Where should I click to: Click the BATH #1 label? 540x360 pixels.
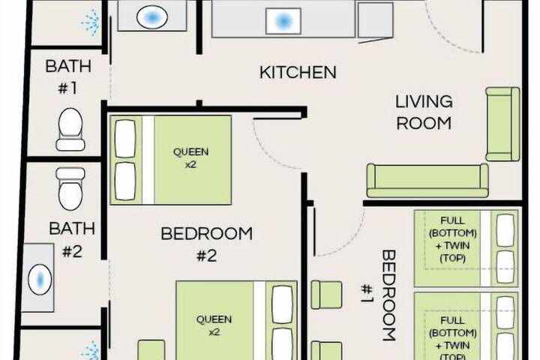pyautogui.click(x=68, y=76)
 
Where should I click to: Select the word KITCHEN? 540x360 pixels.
pyautogui.click(x=297, y=73)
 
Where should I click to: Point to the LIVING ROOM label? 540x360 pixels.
pyautogui.click(x=424, y=112)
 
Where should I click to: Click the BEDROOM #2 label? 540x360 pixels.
pyautogui.click(x=206, y=244)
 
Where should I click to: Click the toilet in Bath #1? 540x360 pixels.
pyautogui.click(x=70, y=128)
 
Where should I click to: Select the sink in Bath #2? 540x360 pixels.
pyautogui.click(x=38, y=279)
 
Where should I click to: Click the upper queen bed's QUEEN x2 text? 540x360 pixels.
pyautogui.click(x=190, y=157)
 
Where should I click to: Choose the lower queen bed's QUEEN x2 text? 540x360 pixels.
pyautogui.click(x=214, y=325)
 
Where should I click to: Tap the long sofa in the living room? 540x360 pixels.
pyautogui.click(x=427, y=180)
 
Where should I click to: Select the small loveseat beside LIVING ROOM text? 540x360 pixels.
pyautogui.click(x=502, y=124)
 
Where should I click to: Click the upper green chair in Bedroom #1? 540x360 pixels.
pyautogui.click(x=326, y=294)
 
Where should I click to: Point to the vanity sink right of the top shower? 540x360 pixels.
pyautogui.click(x=152, y=16)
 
